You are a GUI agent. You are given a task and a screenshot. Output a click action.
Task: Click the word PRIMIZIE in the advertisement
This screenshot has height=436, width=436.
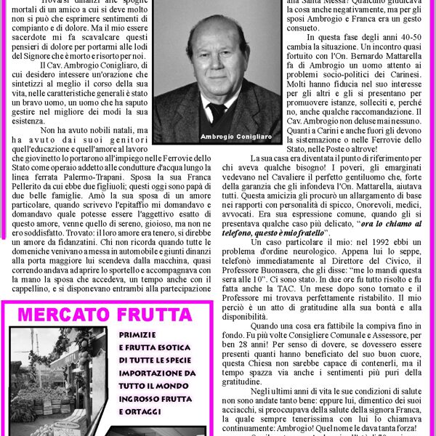coord(138,334)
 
